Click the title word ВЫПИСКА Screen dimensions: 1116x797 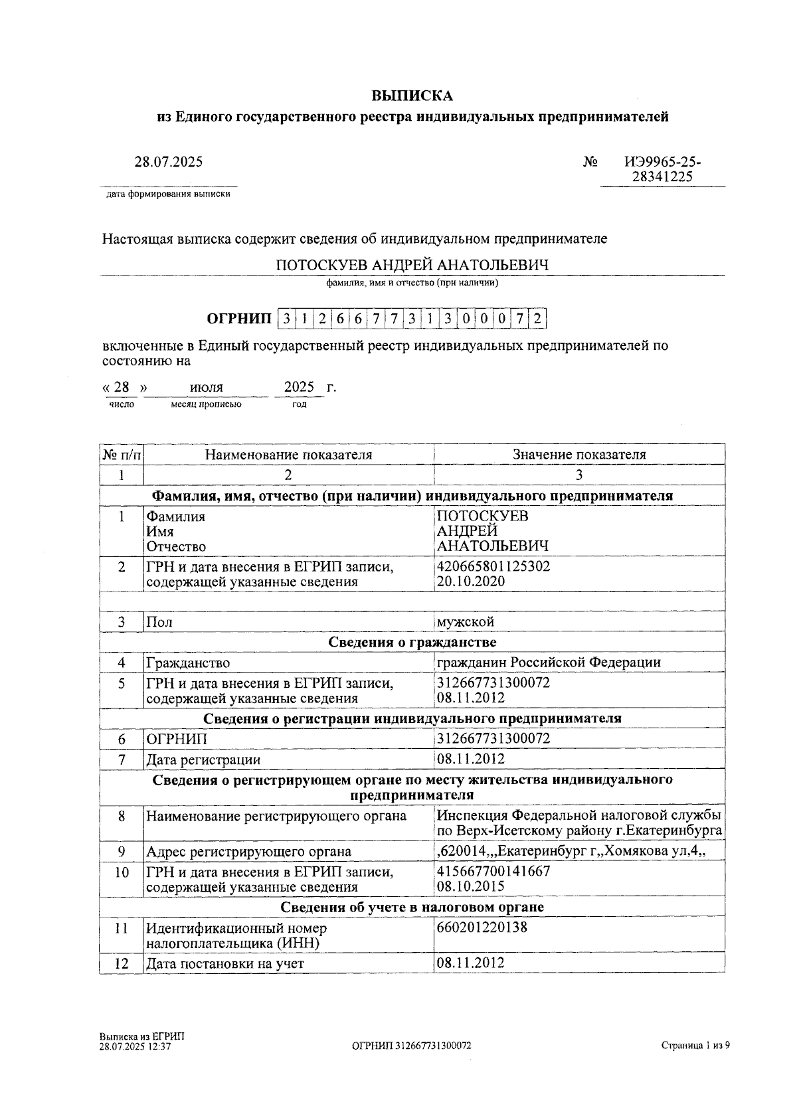coord(412,96)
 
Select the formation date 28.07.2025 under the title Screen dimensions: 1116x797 coord(169,161)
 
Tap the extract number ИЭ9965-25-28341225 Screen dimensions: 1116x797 coord(662,169)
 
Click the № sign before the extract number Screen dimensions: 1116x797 coord(590,162)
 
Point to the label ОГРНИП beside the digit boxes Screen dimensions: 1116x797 coord(239,319)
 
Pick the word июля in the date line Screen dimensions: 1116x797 coord(206,387)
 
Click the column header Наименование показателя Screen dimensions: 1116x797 coord(288,455)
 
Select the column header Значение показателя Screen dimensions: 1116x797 coord(578,455)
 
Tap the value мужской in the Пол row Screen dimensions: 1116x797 coord(466,622)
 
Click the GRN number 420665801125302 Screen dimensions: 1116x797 coord(493,566)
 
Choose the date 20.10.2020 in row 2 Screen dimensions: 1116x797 coord(470,582)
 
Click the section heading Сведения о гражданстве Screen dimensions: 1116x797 coord(412,642)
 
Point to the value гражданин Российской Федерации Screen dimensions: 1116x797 coord(549,663)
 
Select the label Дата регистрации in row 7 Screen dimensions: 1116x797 coord(203,759)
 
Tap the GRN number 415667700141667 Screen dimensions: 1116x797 coord(493,871)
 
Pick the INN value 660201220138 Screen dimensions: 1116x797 coord(482,927)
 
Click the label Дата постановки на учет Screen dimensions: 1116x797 coord(225,963)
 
